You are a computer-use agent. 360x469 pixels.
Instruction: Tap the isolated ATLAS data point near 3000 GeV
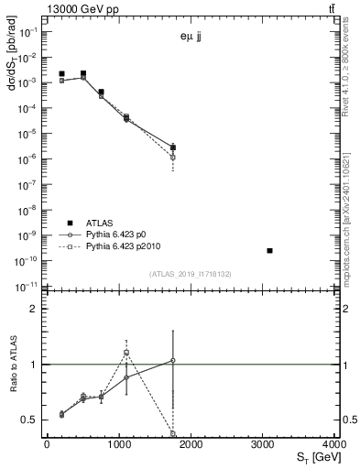pyautogui.click(x=269, y=250)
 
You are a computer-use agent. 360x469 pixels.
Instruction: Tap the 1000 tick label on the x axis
pyautogui.click(x=119, y=443)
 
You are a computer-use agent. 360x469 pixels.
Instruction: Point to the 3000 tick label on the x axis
pyautogui.click(x=264, y=443)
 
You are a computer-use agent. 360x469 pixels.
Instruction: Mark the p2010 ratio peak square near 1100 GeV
pyautogui.click(x=126, y=353)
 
